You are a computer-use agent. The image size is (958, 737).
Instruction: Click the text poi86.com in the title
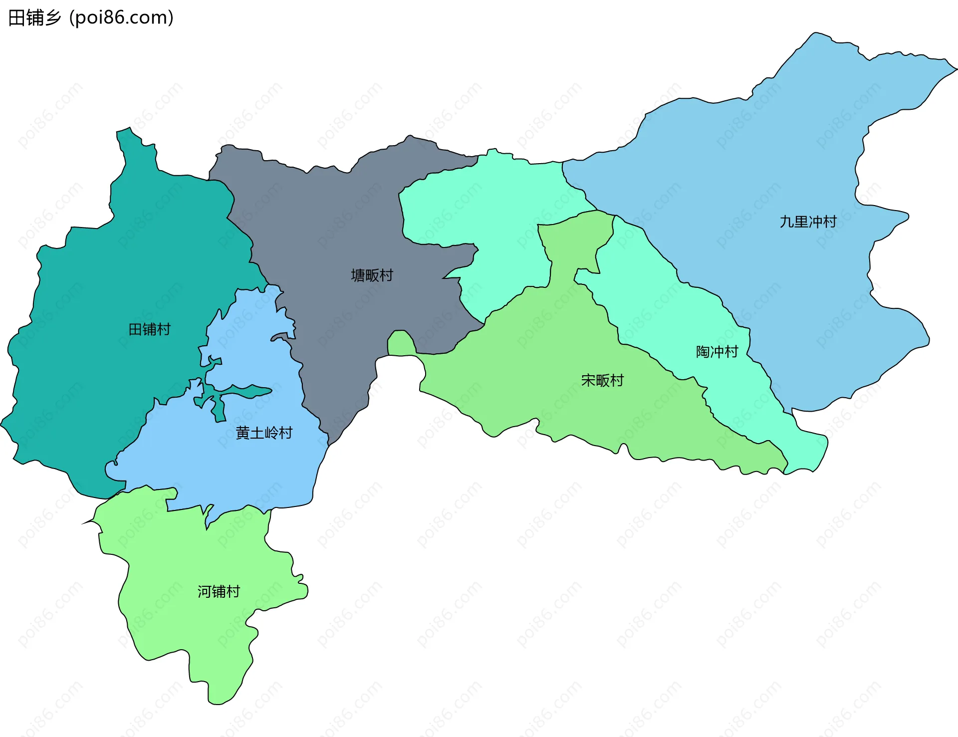coord(121,18)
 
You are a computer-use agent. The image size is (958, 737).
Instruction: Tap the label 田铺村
coord(149,329)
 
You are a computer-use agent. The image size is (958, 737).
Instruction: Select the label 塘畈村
coord(372,275)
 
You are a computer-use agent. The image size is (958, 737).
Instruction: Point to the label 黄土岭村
coord(264,433)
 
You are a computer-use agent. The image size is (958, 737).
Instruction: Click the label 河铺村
coord(219,592)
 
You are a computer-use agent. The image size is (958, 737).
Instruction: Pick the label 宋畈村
coord(602,381)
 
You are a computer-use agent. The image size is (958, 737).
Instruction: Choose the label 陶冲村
coord(717,352)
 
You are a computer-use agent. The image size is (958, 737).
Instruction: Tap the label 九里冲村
coord(808,222)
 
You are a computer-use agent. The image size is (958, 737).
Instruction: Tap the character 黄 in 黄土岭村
coord(242,433)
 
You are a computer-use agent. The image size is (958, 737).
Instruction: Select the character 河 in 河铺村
coord(204,592)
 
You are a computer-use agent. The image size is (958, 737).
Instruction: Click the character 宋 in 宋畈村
coord(588,381)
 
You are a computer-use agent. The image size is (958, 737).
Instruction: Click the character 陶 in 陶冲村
coord(703,352)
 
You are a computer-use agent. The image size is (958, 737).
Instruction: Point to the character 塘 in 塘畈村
coord(358,275)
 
